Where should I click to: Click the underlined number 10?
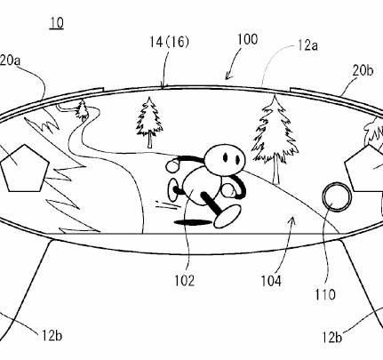coord(57,23)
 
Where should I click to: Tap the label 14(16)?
coord(169,42)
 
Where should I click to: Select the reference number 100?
coord(248,39)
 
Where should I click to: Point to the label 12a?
coord(307,46)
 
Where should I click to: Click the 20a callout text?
coord(10,60)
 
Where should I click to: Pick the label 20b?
coord(363,71)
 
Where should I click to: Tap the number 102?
coord(184,280)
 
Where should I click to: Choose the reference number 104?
coord(271,281)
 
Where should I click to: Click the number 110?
coord(325,294)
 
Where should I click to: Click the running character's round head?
coord(226,158)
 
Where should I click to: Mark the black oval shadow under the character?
coord(194,222)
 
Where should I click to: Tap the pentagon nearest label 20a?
coord(25,168)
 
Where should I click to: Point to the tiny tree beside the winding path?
coord(83,110)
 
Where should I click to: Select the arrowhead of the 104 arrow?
coord(293,220)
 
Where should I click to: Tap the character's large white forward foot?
coord(227,217)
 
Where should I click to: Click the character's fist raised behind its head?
coord(173,165)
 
